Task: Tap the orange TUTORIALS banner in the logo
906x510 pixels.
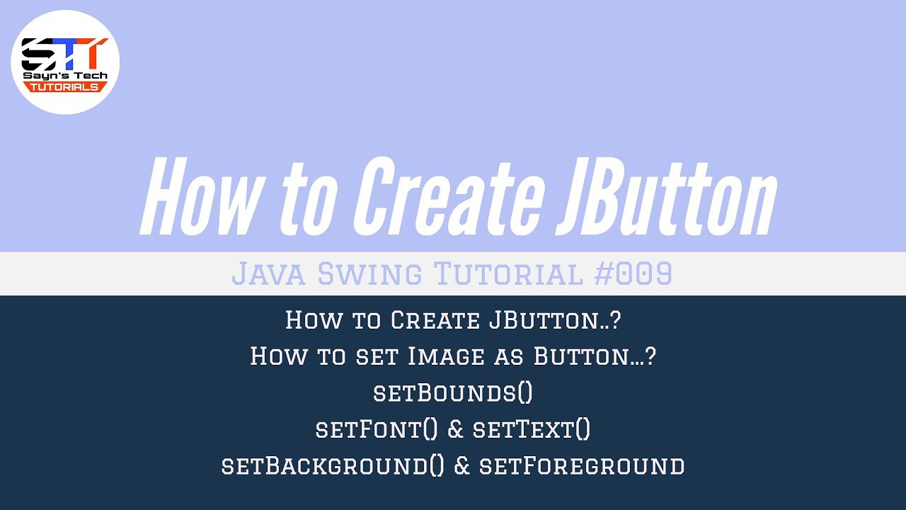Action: pyautogui.click(x=64, y=86)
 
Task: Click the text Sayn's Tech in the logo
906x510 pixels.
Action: pyautogui.click(x=64, y=75)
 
